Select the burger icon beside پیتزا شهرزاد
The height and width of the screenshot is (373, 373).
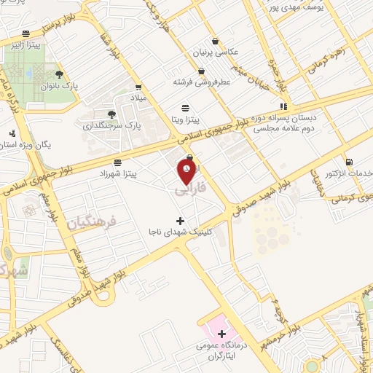pos(118,162)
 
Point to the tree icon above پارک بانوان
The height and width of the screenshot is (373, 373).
pos(59,73)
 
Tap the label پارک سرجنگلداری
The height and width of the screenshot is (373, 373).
pos(111,125)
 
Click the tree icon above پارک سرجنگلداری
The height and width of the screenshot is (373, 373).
pos(111,114)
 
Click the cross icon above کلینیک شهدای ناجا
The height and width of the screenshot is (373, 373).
pos(180,220)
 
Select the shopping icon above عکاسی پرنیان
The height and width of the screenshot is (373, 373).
pos(214,42)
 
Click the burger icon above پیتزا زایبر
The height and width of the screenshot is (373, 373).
pos(26,34)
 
